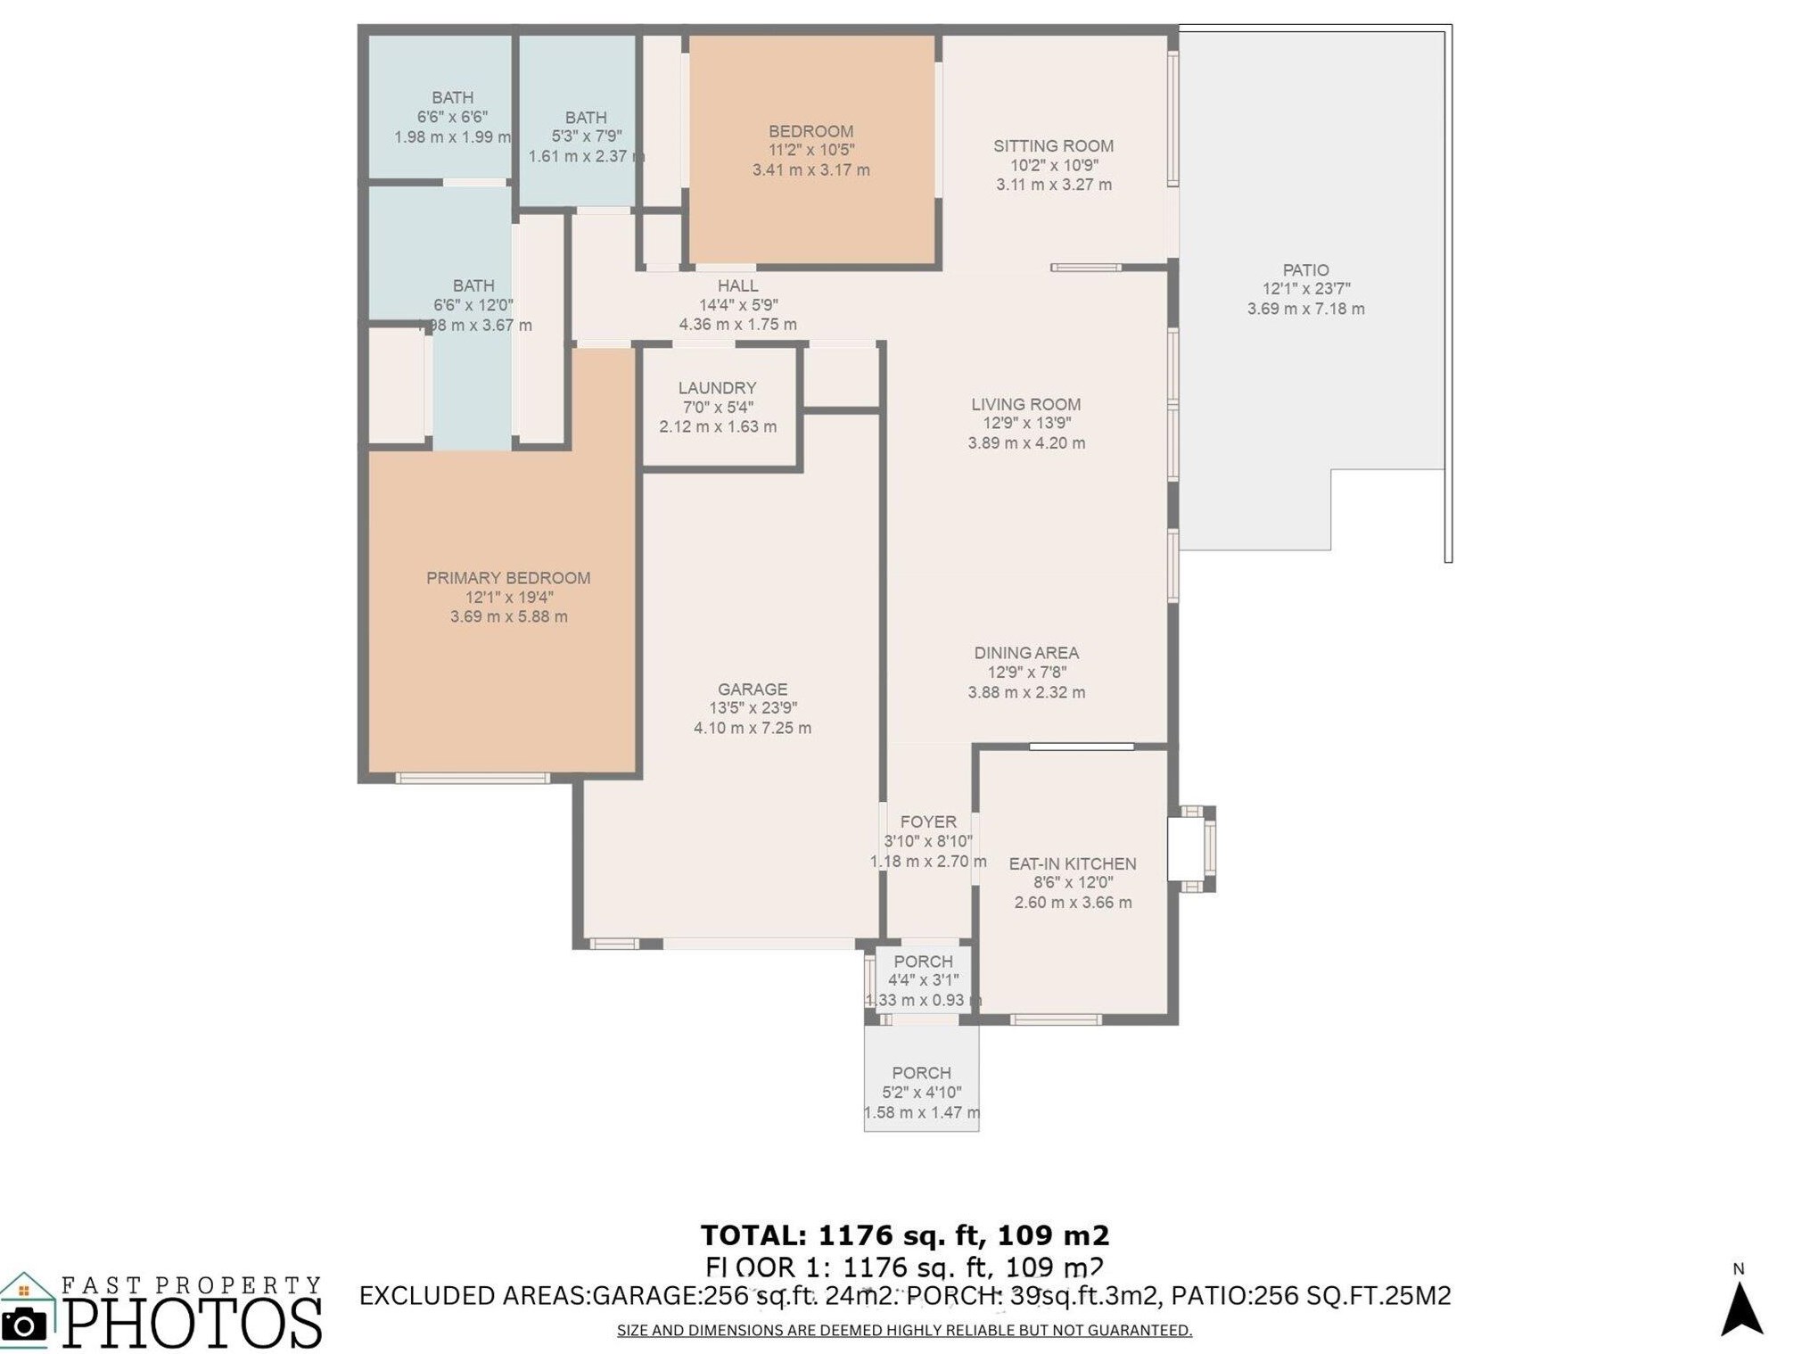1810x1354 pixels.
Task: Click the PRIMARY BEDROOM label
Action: [x=507, y=578]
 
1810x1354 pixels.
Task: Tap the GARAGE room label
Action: [x=752, y=689]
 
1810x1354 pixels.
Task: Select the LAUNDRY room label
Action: [x=717, y=388]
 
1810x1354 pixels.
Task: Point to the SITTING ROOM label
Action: [x=1052, y=145]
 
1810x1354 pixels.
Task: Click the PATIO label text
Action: [x=1304, y=269]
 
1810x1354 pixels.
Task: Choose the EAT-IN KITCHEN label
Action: [x=1072, y=863]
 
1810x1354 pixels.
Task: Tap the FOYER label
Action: [x=927, y=821]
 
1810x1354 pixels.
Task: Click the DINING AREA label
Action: [x=1025, y=653]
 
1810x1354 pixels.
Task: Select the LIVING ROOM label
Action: [x=1025, y=404]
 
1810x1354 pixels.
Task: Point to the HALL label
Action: [x=737, y=285]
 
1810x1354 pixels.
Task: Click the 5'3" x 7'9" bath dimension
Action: [x=586, y=136]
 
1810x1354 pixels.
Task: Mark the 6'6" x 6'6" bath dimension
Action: [x=452, y=117]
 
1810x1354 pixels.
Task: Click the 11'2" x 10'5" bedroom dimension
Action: [x=810, y=150]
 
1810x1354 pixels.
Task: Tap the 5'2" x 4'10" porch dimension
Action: [x=921, y=1092]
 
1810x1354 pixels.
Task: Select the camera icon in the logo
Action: [x=24, y=1324]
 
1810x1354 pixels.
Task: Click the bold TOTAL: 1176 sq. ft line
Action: [x=904, y=1235]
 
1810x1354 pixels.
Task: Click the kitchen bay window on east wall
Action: [x=1194, y=849]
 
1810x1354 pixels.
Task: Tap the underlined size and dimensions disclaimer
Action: [x=904, y=1330]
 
